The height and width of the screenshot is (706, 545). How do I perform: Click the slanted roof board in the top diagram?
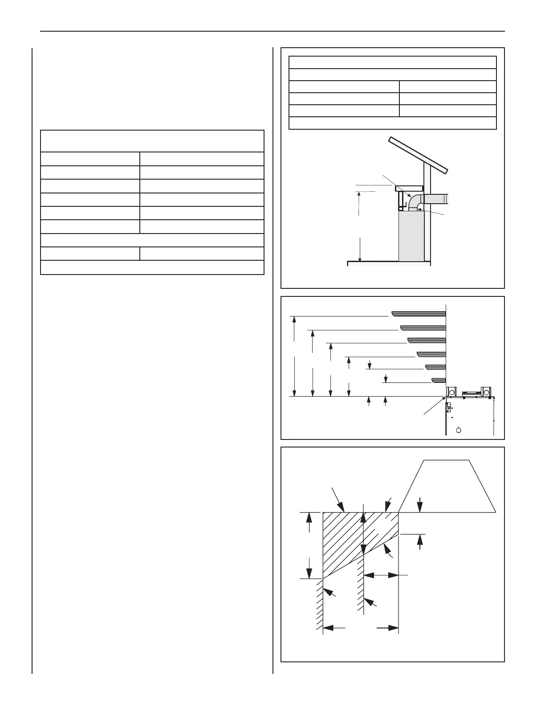click(x=418, y=155)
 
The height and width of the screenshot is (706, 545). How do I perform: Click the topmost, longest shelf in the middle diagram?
click(x=419, y=314)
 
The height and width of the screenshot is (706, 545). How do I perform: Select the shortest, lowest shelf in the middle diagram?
click(x=439, y=380)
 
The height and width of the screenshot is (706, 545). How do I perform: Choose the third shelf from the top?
click(x=427, y=341)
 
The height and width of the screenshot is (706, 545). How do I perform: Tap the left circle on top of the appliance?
click(x=451, y=392)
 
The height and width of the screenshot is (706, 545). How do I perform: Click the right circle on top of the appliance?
click(x=486, y=392)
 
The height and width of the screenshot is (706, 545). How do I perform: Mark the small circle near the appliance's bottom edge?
click(x=459, y=430)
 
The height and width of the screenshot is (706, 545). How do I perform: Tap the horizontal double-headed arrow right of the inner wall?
click(x=381, y=575)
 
